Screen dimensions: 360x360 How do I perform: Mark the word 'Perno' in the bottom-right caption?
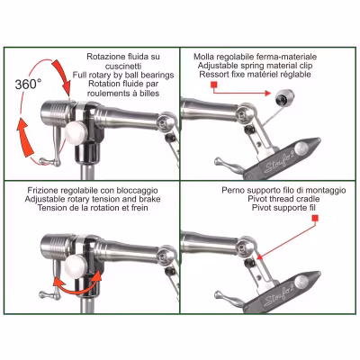(x=235, y=191)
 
